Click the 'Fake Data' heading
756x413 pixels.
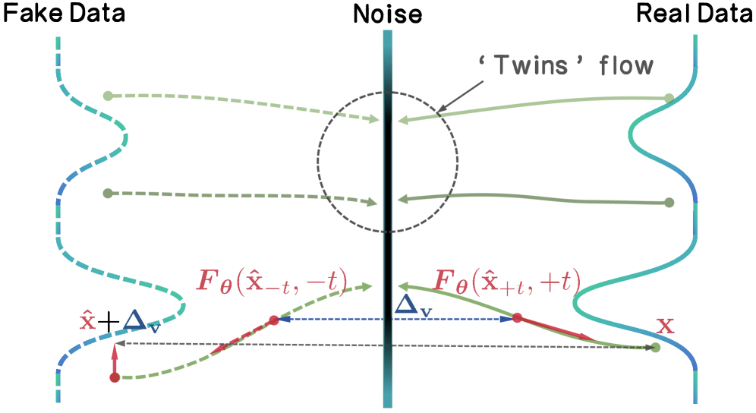pyautogui.click(x=65, y=13)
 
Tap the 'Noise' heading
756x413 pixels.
pyautogui.click(x=388, y=13)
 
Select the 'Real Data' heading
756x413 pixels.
pyautogui.click(x=691, y=13)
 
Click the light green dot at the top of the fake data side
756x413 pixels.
pyautogui.click(x=108, y=96)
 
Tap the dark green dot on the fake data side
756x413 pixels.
pyautogui.click(x=107, y=193)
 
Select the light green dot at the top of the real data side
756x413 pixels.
pyautogui.click(x=669, y=98)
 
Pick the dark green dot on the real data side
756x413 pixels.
pyautogui.click(x=669, y=203)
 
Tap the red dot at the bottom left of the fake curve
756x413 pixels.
pyautogui.click(x=115, y=377)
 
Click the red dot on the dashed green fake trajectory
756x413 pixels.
pyautogui.click(x=274, y=320)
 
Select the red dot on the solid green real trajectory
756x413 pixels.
pyautogui.click(x=517, y=319)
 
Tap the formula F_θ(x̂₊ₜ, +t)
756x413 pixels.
pyautogui.click(x=506, y=281)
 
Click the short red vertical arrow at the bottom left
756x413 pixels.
pyautogui.click(x=115, y=359)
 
